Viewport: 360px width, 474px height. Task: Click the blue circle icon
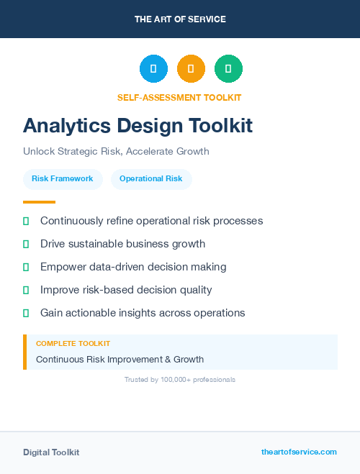point(153,69)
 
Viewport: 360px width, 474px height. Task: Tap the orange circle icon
point(191,69)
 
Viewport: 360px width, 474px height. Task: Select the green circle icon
point(228,69)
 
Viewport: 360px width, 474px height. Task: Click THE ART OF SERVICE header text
point(180,19)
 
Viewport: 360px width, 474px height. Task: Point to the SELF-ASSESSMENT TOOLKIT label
point(179,97)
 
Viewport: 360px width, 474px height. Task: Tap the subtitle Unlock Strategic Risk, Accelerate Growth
point(116,152)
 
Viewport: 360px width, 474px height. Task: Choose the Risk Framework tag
point(62,178)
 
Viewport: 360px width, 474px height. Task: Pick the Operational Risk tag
point(151,178)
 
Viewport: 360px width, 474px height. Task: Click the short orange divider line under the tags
point(39,202)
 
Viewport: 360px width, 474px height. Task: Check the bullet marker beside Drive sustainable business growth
point(26,244)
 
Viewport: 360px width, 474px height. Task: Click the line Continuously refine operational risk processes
point(151,221)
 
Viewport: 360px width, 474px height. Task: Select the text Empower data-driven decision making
point(133,267)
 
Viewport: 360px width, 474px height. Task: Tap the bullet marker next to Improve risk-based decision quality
point(26,290)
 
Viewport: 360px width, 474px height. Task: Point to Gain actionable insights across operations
point(143,313)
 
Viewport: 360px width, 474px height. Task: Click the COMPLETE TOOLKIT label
point(73,344)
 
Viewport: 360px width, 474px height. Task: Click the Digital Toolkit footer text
point(51,452)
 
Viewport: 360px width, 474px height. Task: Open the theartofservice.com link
point(299,452)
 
